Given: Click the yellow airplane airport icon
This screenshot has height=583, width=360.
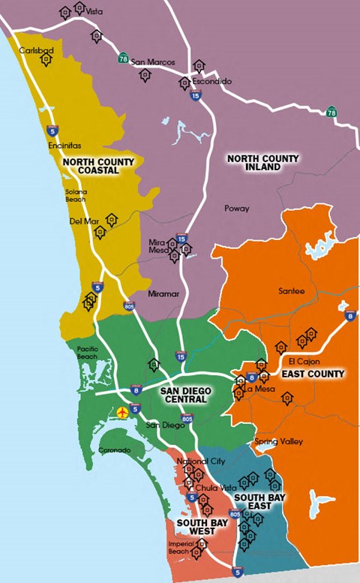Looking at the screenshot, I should coord(124,412).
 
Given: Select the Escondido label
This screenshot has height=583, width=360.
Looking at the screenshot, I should coord(211,81).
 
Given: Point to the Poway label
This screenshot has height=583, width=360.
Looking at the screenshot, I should coord(236,208).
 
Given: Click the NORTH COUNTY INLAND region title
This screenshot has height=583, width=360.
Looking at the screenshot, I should coord(262,163).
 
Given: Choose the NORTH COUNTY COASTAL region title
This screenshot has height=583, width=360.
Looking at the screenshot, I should coord(98,166).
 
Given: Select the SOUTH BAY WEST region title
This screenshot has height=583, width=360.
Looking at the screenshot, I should coord(196,526).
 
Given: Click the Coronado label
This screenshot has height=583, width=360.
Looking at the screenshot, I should coord(115,450).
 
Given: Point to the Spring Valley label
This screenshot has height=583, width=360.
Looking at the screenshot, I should coord(279,441).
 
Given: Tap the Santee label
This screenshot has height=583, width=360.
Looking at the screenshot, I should coord(292,291).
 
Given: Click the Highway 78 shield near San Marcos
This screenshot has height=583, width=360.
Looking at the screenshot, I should coord(123,58).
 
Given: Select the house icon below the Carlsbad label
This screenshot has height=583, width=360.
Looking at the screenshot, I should coord(46,59).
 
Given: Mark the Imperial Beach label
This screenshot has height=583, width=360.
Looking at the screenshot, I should coord(178,548).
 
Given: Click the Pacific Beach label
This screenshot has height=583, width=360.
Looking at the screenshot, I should coord(88,352).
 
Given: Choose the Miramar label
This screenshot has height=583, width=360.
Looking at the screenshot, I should coord(164,293).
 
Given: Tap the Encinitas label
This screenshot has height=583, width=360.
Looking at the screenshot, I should coord(64,146).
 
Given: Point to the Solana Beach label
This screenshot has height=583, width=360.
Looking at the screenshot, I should coord(76,196).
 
